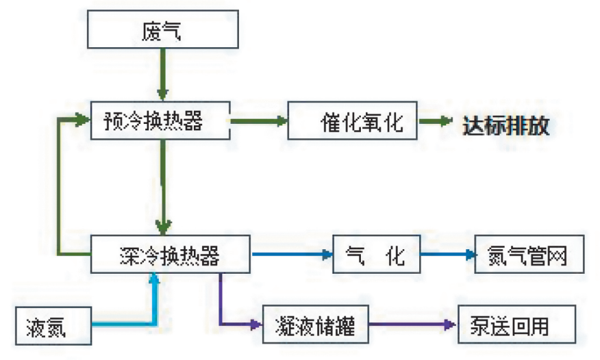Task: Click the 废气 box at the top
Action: (x=162, y=31)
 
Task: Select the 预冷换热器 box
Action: (x=162, y=121)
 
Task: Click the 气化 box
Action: (x=376, y=255)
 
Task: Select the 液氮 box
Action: (x=53, y=324)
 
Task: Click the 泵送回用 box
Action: (x=516, y=324)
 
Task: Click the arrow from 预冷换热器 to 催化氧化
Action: (x=259, y=121)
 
